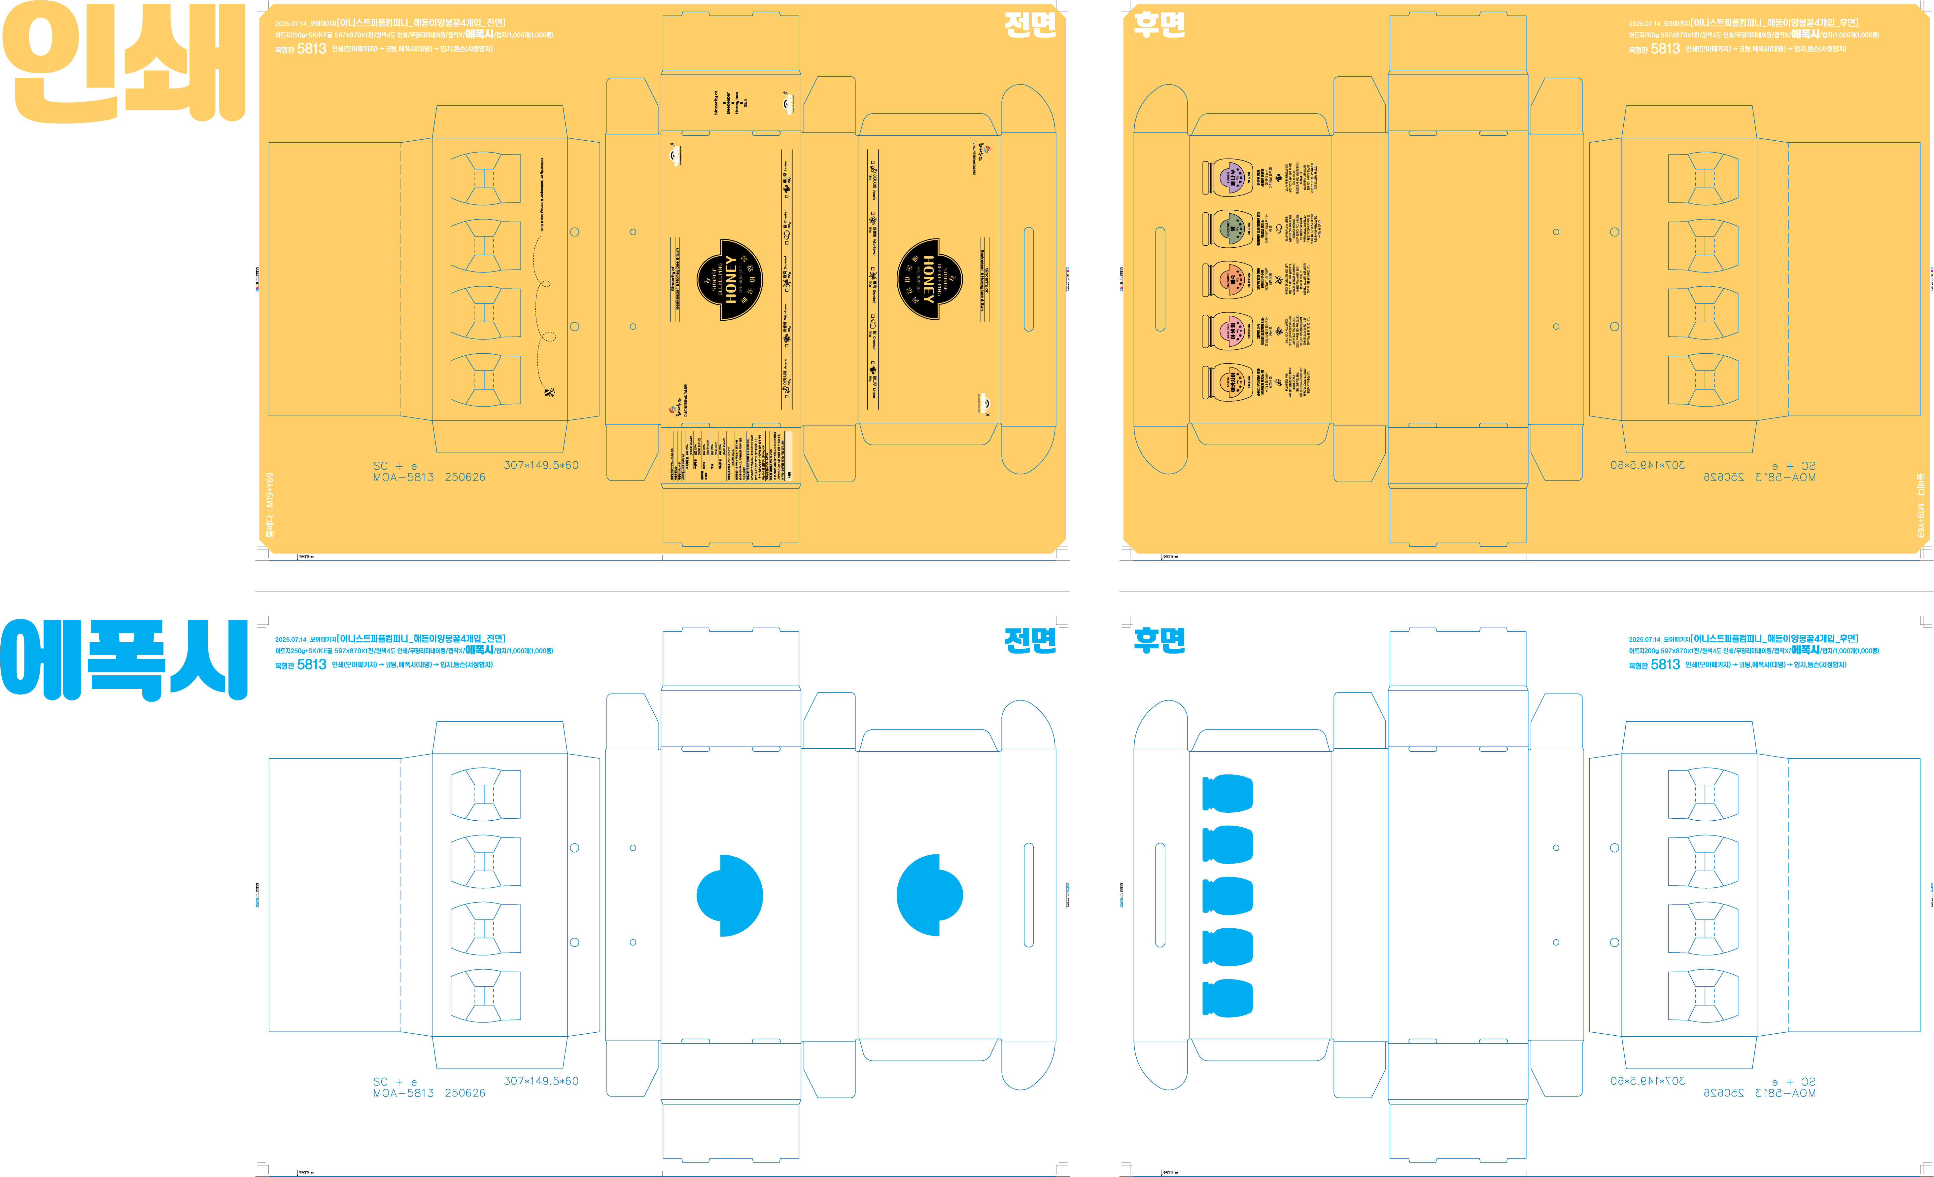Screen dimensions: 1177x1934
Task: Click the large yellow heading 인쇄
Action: tap(124, 63)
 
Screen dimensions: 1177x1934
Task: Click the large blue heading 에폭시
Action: tap(124, 660)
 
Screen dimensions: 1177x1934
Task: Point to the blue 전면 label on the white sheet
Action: tap(1030, 640)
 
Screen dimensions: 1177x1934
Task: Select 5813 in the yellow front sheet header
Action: tap(312, 49)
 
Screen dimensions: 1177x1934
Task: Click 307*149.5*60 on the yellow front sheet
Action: tap(541, 465)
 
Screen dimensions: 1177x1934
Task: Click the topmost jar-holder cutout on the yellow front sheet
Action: tap(485, 179)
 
